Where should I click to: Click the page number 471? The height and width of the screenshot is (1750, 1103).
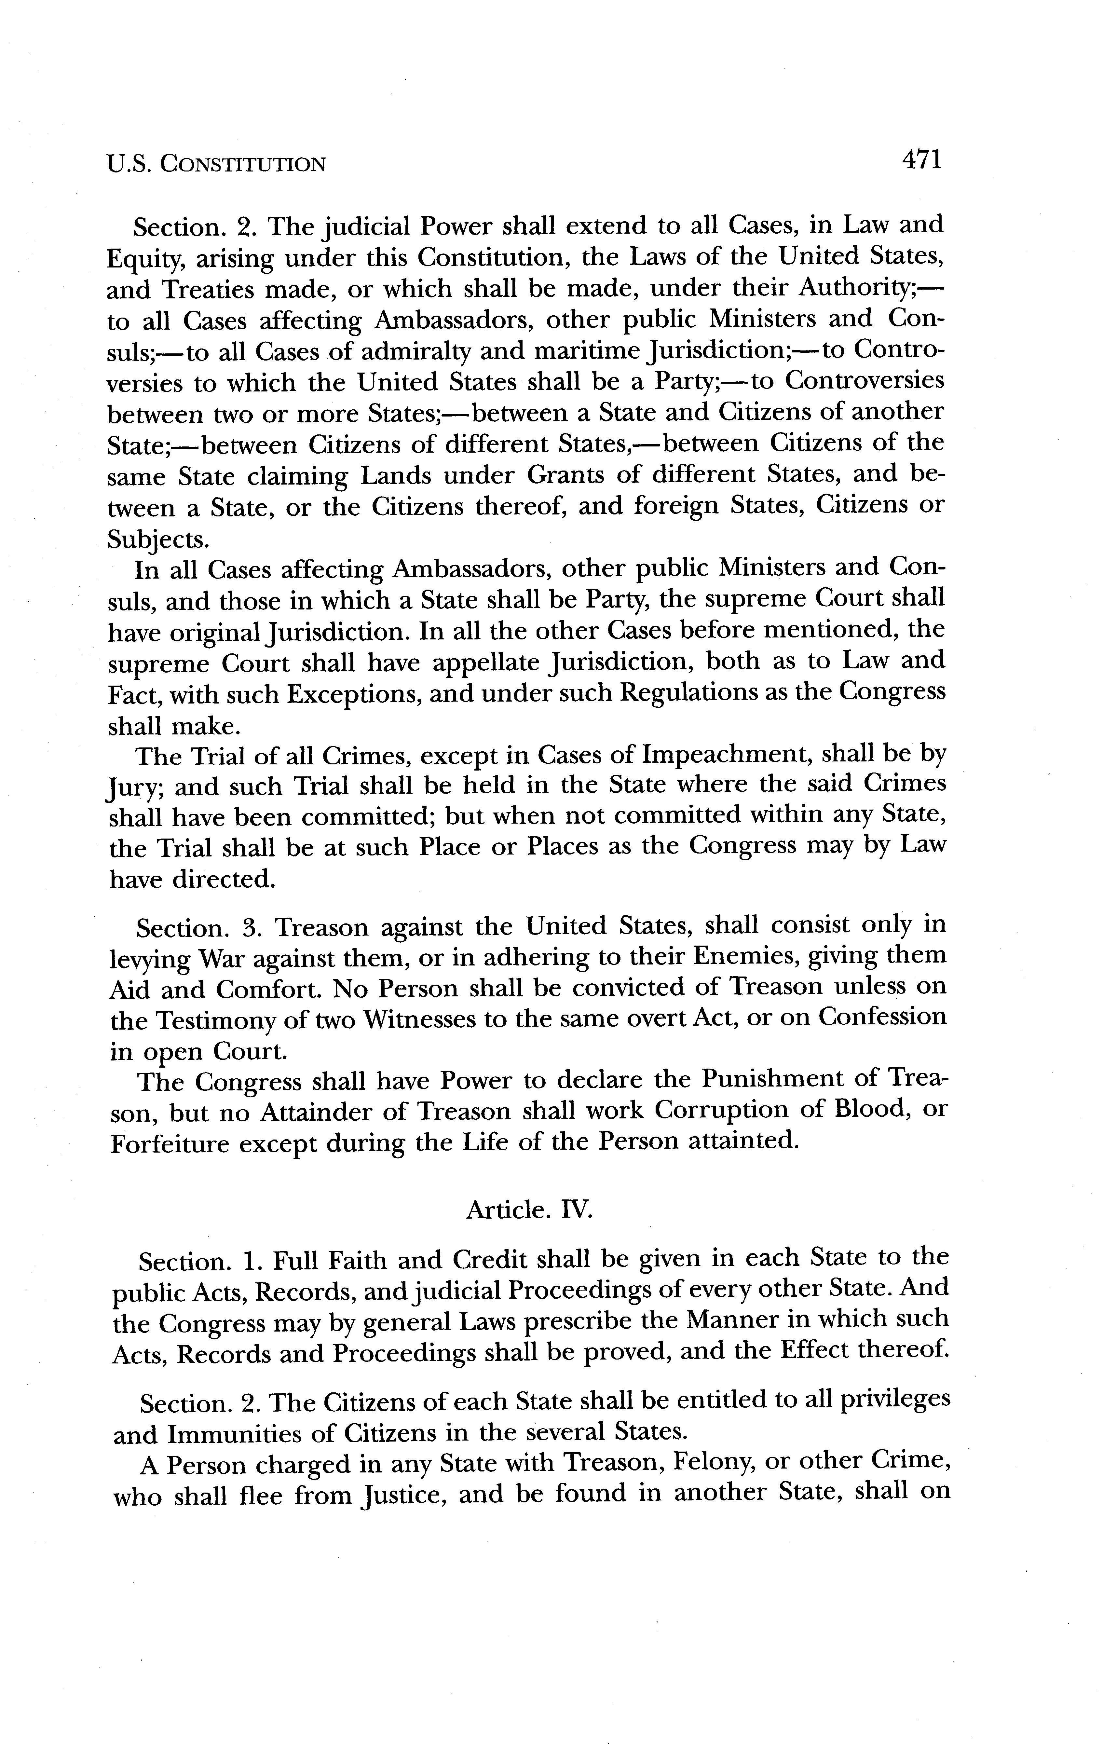pos(921,159)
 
